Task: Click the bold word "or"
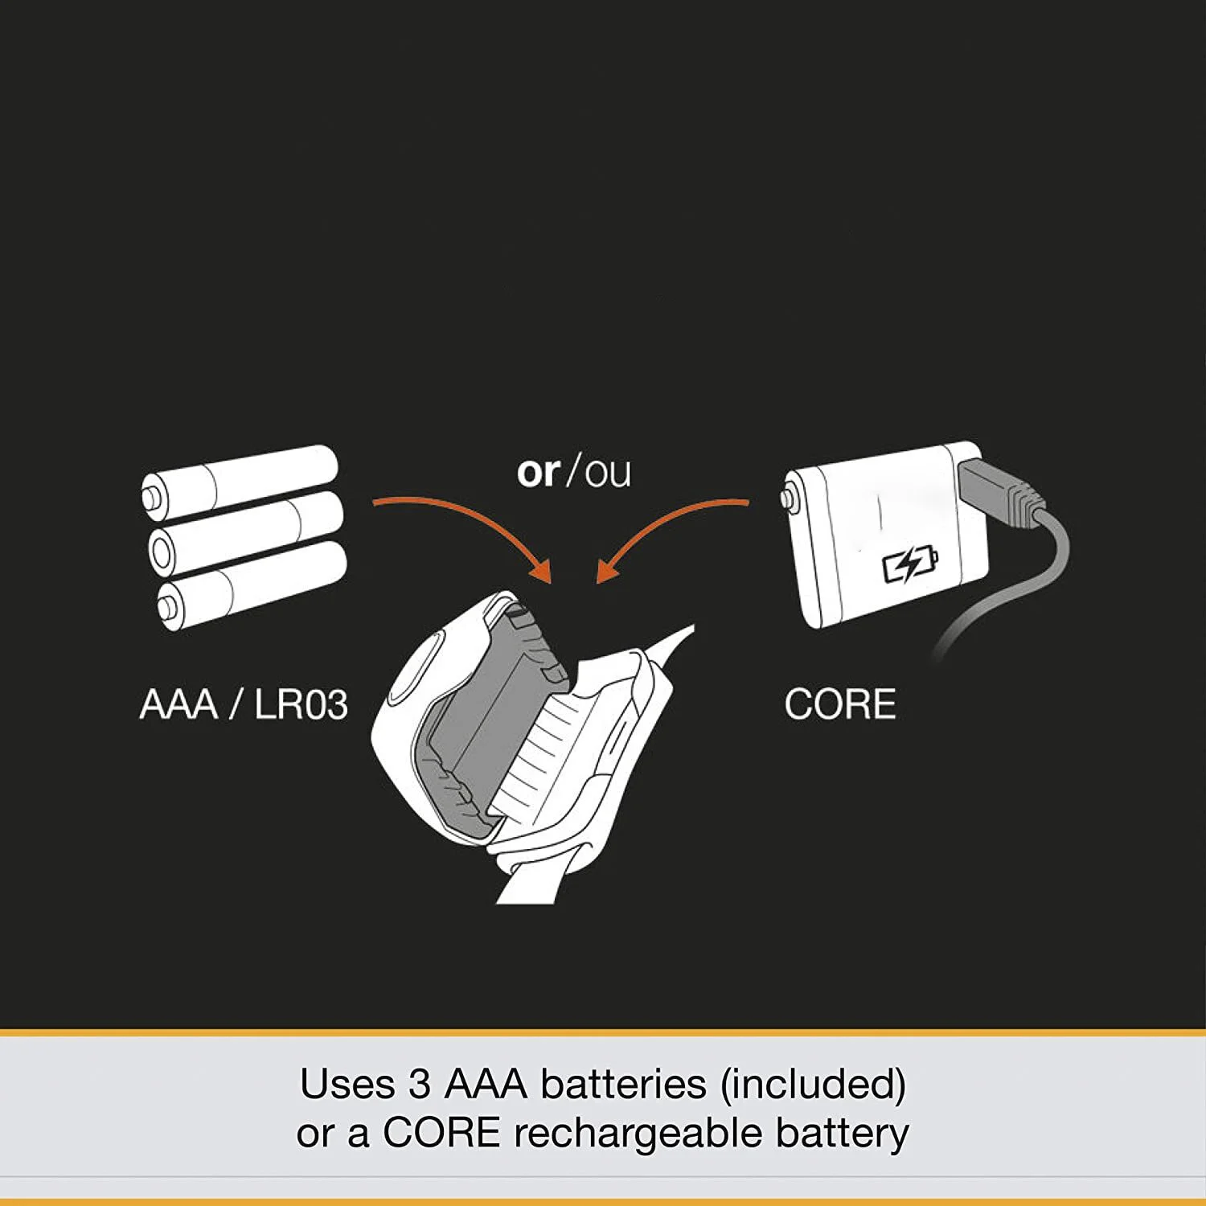click(x=538, y=472)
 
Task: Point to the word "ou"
click(x=608, y=474)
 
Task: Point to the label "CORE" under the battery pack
click(x=839, y=705)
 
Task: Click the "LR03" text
click(x=301, y=705)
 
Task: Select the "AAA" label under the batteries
click(x=178, y=705)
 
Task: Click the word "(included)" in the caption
click(x=813, y=1084)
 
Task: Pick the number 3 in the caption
click(x=420, y=1084)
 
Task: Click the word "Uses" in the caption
click(x=347, y=1084)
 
